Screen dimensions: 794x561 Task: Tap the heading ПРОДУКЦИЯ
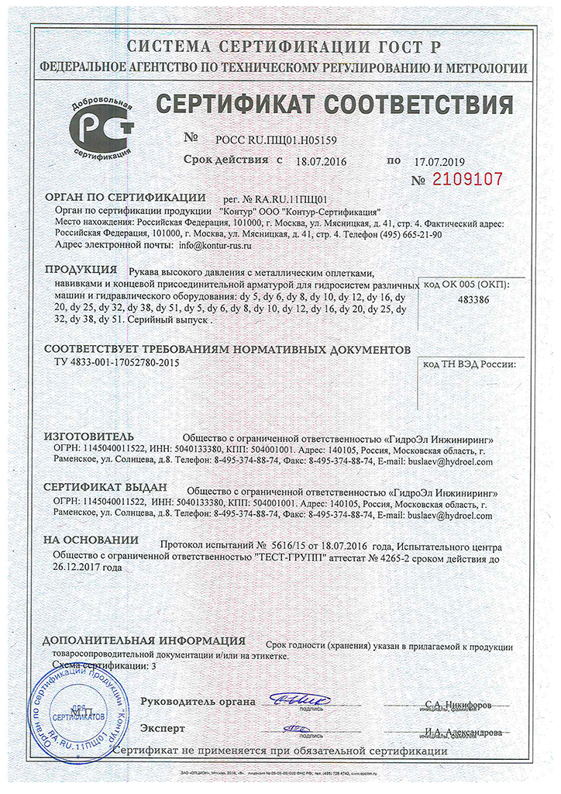coord(81,271)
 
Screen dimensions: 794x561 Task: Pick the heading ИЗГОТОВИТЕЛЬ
coord(89,437)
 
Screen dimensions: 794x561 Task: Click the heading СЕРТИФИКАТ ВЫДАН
coord(105,488)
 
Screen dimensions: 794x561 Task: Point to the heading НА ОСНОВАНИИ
coord(91,540)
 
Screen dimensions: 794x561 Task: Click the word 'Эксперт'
coord(163,729)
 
